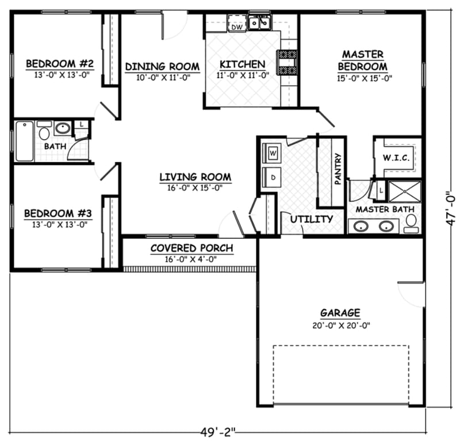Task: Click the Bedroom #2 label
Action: (56, 63)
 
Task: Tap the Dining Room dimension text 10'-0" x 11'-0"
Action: (162, 78)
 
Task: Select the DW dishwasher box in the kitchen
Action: (236, 26)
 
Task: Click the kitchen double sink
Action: (260, 23)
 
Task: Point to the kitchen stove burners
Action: (287, 62)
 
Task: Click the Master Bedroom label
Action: (363, 60)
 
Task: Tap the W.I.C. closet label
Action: (396, 159)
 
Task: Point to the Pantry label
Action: (338, 169)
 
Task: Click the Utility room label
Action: (311, 219)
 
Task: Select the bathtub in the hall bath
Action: (24, 141)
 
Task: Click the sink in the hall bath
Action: (63, 128)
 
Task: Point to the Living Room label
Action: (195, 177)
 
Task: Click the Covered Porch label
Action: (191, 248)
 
